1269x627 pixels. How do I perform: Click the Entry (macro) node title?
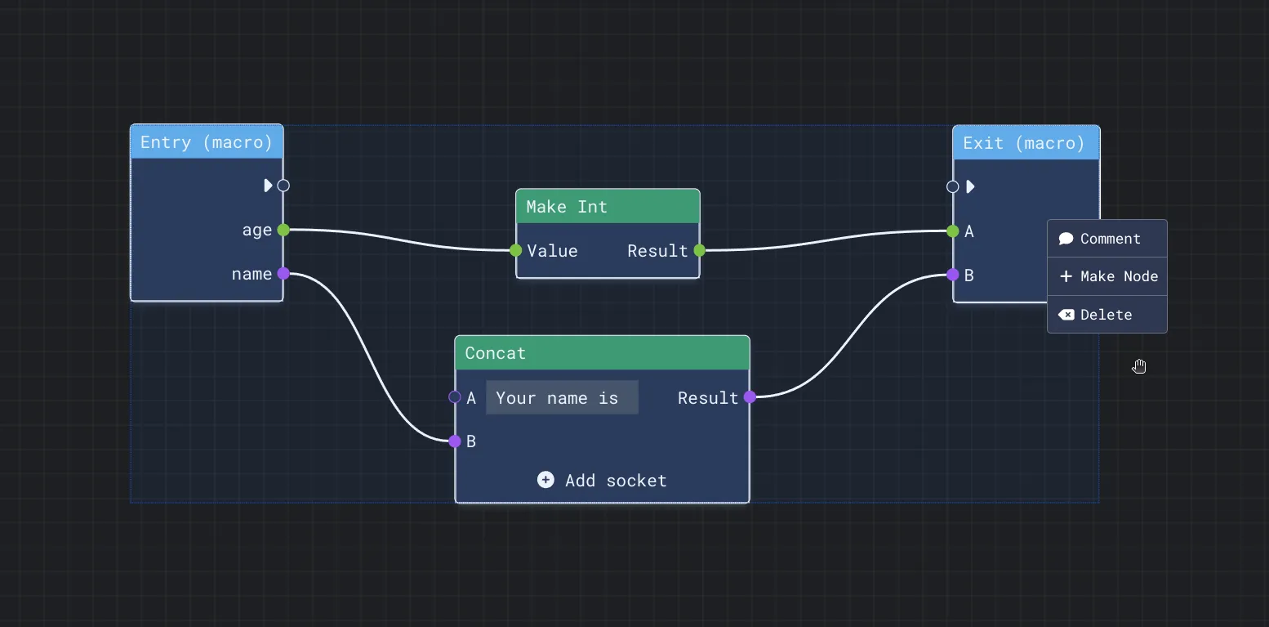(207, 142)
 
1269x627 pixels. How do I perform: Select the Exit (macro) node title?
(1024, 143)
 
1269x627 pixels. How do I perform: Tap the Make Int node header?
(608, 206)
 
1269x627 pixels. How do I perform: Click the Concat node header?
(602, 352)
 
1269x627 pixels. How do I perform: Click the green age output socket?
(283, 230)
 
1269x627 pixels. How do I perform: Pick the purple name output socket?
(283, 274)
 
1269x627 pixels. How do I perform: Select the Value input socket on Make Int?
(515, 250)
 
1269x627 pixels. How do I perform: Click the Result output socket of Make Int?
(700, 250)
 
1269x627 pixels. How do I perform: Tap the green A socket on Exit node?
(953, 231)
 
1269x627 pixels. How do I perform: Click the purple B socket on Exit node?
(953, 275)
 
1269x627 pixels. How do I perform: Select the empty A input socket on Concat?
(454, 396)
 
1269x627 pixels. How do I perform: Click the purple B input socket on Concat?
(454, 441)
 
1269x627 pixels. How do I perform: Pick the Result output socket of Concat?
(750, 396)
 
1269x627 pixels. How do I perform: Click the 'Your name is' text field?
(562, 397)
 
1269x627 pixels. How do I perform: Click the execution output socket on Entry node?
(283, 186)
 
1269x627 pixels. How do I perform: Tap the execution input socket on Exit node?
(953, 186)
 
